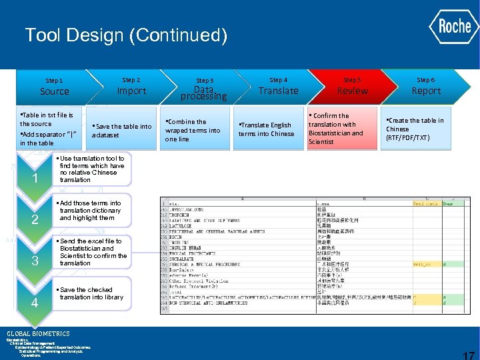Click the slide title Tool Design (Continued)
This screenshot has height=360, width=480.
[x=126, y=35]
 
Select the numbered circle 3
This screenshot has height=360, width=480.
[x=35, y=261]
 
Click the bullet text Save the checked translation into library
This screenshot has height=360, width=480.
[x=92, y=293]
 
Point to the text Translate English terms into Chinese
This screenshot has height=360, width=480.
[x=267, y=129]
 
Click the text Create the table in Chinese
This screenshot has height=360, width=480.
[x=415, y=129]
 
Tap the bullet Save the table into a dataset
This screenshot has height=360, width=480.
[x=122, y=130]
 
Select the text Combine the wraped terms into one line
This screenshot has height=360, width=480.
[x=193, y=130]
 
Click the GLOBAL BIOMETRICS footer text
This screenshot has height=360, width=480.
[x=38, y=333]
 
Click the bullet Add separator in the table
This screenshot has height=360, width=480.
[x=49, y=139]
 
